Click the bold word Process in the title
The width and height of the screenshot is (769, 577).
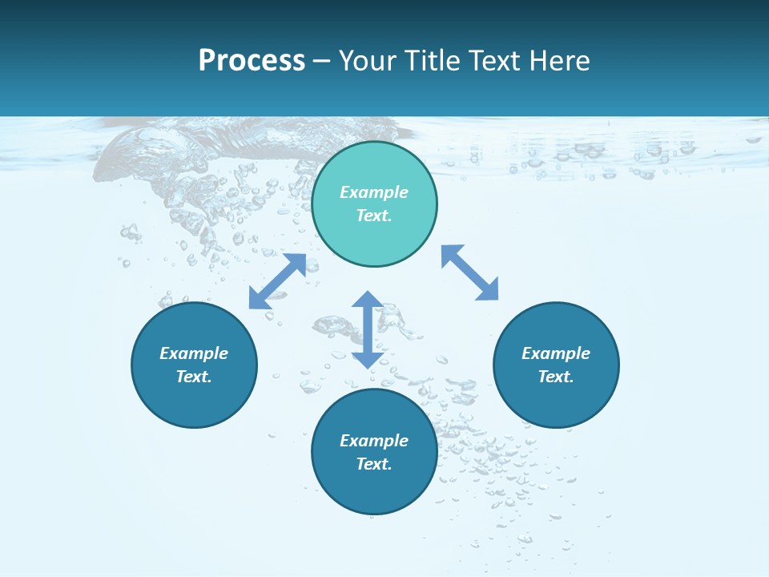point(252,61)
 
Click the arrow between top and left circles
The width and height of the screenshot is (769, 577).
point(277,281)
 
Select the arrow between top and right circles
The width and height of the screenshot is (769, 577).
point(469,272)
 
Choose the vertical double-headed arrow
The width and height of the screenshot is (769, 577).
point(368,329)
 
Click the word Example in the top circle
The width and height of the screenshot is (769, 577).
point(374,192)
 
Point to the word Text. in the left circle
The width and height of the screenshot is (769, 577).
point(194,377)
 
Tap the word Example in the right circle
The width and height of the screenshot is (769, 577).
point(556,353)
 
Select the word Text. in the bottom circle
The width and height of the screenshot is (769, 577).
point(374,464)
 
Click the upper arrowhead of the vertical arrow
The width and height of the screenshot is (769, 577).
point(368,300)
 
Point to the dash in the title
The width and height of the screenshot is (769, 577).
point(322,61)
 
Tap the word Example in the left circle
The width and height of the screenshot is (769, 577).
point(194,353)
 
